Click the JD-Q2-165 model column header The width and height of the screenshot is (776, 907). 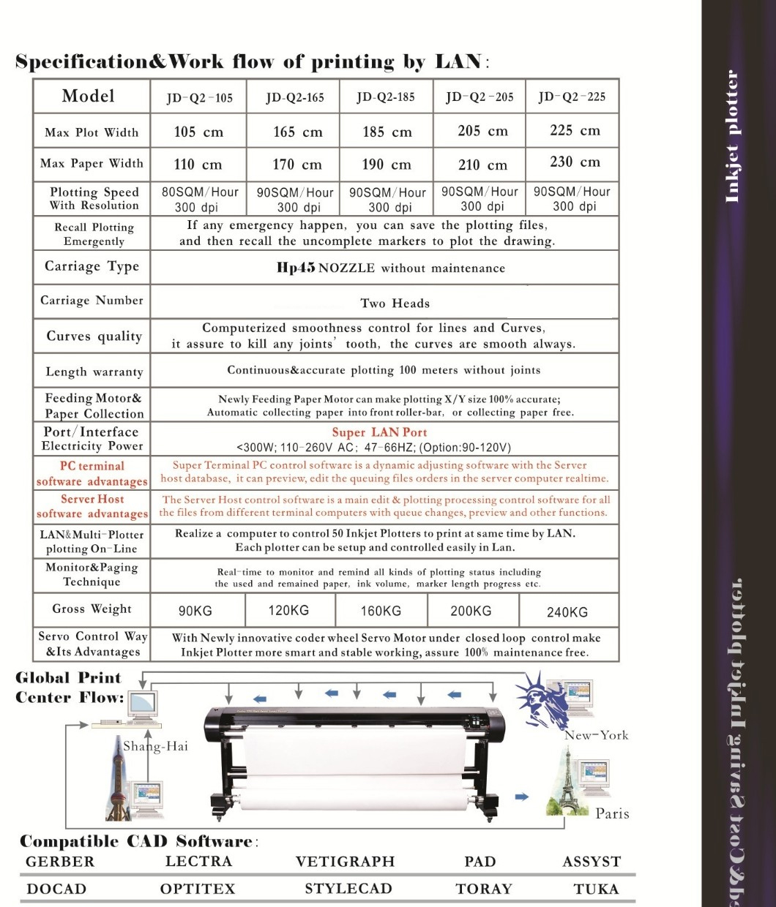295,97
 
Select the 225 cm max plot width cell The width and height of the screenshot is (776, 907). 575,130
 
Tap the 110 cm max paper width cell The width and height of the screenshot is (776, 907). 198,165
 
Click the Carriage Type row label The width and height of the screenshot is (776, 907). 92,266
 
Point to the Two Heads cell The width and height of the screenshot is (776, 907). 395,303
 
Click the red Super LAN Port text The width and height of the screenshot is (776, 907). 379,432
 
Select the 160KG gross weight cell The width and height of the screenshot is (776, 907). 381,611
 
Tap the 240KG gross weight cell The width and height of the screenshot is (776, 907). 567,612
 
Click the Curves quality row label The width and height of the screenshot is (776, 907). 94,336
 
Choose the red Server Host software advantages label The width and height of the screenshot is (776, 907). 92,506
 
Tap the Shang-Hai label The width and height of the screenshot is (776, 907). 155,746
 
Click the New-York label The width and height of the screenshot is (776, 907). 596,735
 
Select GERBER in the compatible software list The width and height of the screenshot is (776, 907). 60,862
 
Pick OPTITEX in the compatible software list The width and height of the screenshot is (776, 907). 198,889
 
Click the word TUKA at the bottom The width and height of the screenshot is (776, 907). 596,889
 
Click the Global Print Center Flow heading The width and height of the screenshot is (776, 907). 70,688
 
